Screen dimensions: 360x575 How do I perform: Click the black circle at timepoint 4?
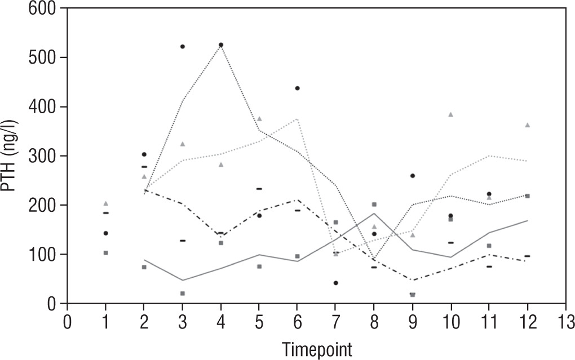[221, 45]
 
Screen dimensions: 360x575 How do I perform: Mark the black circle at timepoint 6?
[298, 88]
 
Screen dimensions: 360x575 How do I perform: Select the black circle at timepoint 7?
[336, 283]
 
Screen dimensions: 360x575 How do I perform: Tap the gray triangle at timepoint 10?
[451, 114]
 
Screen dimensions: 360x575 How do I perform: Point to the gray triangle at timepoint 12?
[528, 125]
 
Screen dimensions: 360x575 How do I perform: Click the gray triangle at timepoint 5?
[259, 119]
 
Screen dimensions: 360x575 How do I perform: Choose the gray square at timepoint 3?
[183, 294]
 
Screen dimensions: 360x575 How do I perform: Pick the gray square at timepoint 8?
[374, 205]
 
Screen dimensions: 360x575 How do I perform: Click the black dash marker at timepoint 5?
[259, 189]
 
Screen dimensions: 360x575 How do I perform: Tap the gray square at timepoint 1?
[106, 253]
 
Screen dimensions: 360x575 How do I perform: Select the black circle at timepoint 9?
[413, 176]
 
